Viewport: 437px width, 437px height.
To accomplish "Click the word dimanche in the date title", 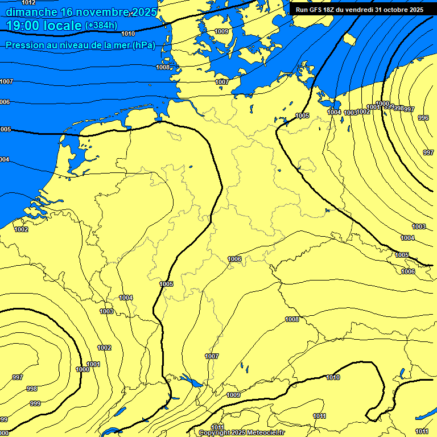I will pyautogui.click(x=31, y=12).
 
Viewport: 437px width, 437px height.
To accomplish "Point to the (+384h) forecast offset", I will pyautogui.click(x=101, y=26).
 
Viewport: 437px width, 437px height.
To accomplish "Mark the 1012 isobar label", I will pyautogui.click(x=28, y=3).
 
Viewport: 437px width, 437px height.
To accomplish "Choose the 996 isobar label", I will pyautogui.click(x=423, y=118).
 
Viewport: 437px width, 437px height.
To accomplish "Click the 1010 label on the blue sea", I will pyautogui.click(x=128, y=34).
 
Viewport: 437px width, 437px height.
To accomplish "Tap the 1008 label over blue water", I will pyautogui.click(x=163, y=67).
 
